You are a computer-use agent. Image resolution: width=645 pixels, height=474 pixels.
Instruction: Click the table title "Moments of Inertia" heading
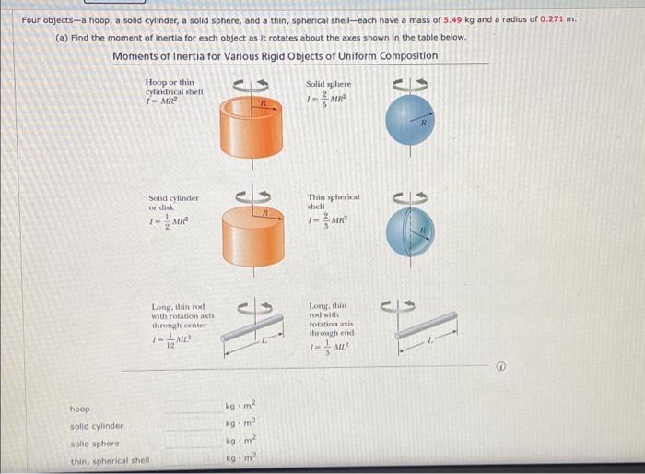(x=276, y=56)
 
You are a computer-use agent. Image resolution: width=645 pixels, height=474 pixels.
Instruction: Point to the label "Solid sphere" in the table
(x=329, y=85)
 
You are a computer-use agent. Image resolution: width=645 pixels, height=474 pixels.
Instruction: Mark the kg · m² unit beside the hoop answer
(x=240, y=407)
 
